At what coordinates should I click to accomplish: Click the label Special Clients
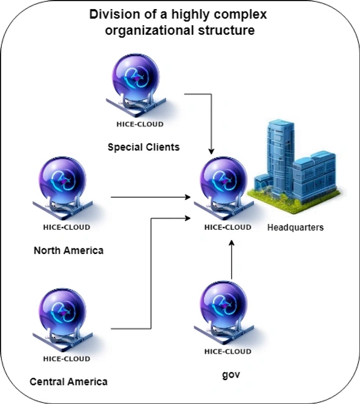(143, 146)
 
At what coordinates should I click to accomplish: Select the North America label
(68, 250)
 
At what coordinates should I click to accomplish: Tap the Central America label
(68, 381)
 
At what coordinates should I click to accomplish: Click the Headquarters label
(295, 228)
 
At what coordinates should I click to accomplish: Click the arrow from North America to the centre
(150, 197)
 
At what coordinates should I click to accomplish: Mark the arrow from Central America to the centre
(150, 270)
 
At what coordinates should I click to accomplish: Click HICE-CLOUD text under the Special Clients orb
(139, 124)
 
